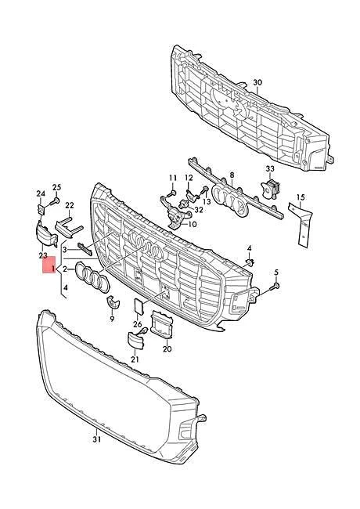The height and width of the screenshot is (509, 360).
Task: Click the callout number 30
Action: (258, 81)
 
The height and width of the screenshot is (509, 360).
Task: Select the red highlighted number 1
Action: (52, 268)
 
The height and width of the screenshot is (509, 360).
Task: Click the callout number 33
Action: (270, 168)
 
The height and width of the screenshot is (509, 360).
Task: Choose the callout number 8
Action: (232, 177)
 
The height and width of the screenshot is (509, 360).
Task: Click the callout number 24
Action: (40, 193)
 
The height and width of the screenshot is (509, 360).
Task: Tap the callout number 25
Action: (56, 186)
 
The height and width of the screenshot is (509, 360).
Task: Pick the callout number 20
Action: (167, 351)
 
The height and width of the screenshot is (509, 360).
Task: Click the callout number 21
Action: (135, 359)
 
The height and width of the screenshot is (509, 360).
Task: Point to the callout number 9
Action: (112, 319)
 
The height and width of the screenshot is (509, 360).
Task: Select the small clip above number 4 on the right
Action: (250, 262)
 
